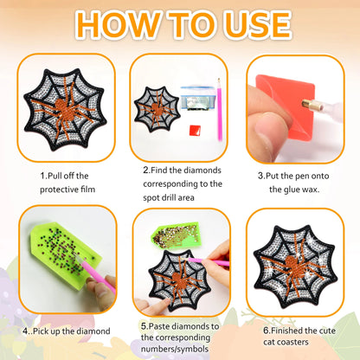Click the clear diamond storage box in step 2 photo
[196, 98]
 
